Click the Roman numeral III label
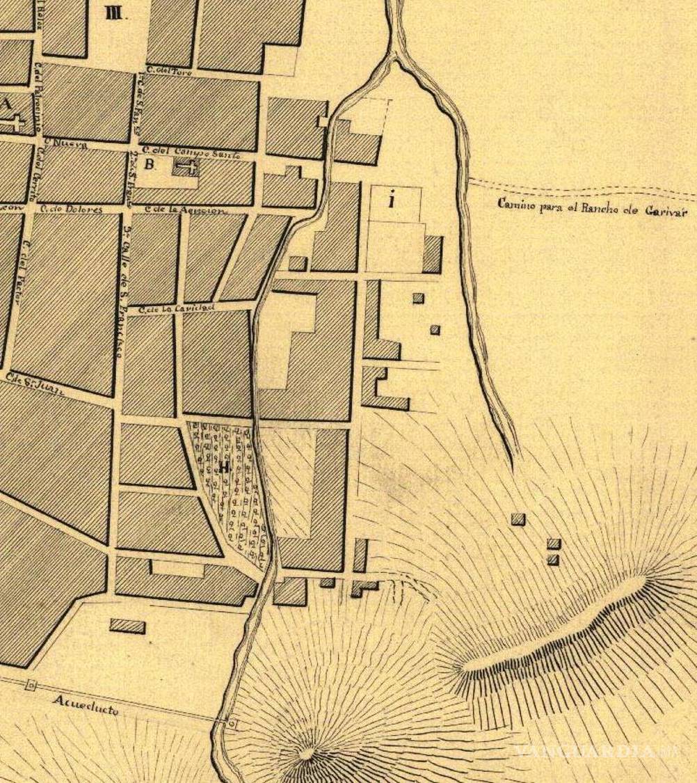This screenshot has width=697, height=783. pyautogui.click(x=113, y=13)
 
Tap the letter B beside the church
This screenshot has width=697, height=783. pyautogui.click(x=149, y=165)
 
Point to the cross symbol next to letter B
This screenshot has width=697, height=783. pyautogui.click(x=186, y=166)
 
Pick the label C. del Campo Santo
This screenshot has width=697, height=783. pyautogui.click(x=191, y=152)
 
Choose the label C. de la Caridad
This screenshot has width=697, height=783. pyautogui.click(x=177, y=307)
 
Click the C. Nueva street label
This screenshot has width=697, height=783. pyautogui.click(x=65, y=144)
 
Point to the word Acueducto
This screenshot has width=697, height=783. pyautogui.click(x=86, y=705)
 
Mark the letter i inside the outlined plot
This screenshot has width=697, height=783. pyautogui.click(x=392, y=201)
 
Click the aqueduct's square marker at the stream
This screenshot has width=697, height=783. pyautogui.click(x=232, y=725)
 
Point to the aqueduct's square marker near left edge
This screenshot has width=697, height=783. pyautogui.click(x=31, y=686)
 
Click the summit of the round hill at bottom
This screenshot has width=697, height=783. pyautogui.click(x=306, y=753)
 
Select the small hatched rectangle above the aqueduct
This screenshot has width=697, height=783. pyautogui.click(x=127, y=626)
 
